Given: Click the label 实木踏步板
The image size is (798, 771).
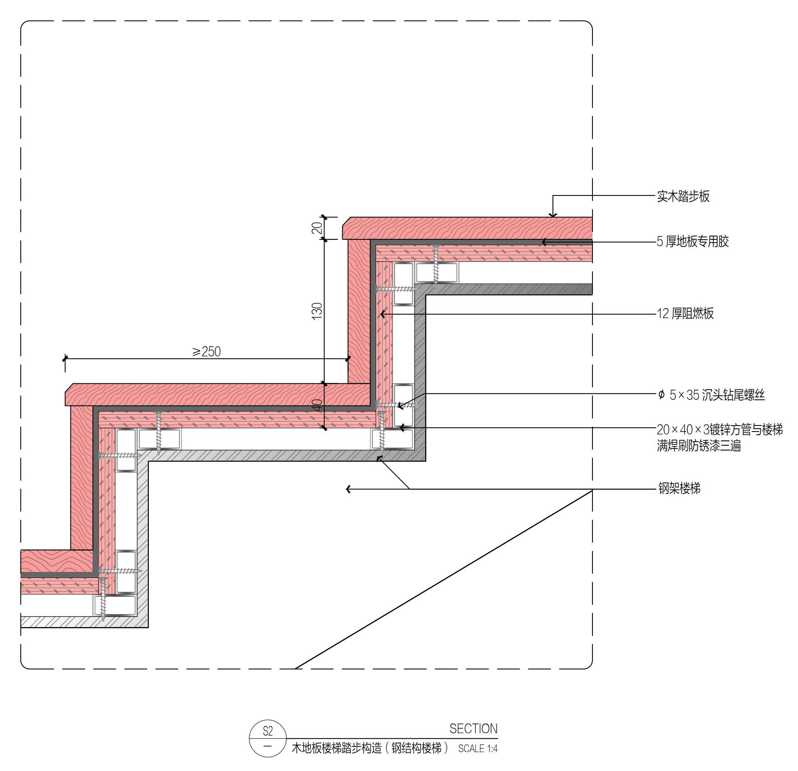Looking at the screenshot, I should (683, 196).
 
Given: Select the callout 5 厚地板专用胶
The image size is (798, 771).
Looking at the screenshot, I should (692, 241).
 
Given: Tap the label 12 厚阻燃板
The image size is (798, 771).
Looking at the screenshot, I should (685, 313).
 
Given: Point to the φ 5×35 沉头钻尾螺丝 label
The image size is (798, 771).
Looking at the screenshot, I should (711, 395).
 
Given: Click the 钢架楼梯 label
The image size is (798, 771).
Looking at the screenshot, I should (679, 488).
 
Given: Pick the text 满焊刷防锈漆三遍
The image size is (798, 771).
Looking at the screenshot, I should (698, 446).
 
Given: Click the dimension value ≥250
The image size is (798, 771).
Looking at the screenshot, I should (206, 352).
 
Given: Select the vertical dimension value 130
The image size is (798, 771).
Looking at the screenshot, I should (317, 311).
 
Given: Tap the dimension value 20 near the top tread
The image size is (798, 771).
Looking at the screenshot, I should (317, 228).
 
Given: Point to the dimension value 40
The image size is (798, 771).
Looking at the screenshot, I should (317, 405).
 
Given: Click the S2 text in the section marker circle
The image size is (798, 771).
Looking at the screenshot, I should (267, 732).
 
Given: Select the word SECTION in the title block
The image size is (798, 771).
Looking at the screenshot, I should (473, 729).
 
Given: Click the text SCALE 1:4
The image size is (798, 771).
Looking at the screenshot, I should (477, 748).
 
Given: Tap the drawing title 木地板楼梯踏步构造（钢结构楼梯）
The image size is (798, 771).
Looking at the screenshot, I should (370, 748).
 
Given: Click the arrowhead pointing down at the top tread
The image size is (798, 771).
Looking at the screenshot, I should (553, 215).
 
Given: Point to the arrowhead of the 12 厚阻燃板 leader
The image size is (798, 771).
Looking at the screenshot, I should (382, 314).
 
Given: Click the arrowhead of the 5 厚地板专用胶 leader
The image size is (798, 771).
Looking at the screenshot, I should (544, 242).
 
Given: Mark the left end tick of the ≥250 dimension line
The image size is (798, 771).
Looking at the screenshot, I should (65, 359).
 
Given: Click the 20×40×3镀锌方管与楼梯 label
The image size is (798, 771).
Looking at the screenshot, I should (719, 430).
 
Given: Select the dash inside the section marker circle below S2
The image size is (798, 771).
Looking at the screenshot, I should (267, 746).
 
